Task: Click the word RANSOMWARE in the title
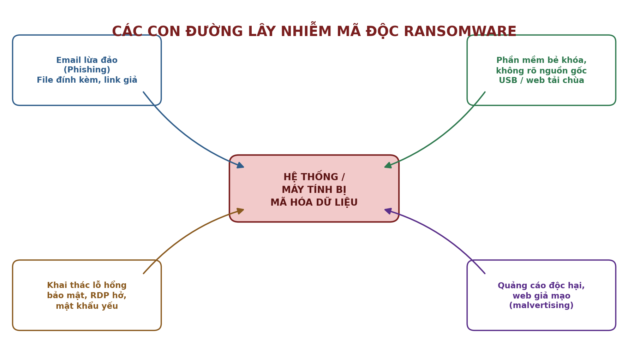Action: [460, 32]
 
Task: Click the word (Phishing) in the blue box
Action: [87, 70]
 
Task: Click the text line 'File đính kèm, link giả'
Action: [87, 80]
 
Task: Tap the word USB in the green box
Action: [507, 81]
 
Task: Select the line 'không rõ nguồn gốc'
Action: [541, 71]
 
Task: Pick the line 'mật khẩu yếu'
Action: [87, 306]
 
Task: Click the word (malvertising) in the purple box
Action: [541, 306]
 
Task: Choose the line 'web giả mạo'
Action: [541, 296]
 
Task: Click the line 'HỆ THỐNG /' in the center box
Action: [314, 177]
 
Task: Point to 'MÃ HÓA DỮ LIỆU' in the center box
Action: [314, 202]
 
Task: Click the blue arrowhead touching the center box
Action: [240, 165]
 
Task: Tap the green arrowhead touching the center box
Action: [388, 165]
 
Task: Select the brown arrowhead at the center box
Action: [240, 211]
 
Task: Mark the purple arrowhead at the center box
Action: [388, 211]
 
